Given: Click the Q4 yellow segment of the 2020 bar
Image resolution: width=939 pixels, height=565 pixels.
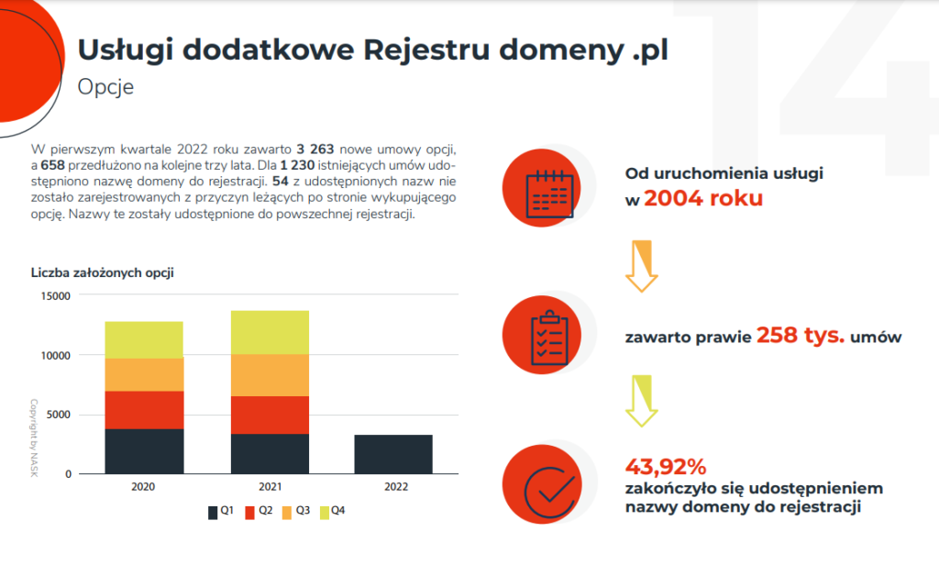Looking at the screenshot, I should pyautogui.click(x=144, y=339).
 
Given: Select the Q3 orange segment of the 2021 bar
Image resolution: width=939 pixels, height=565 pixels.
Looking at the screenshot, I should pyautogui.click(x=269, y=374).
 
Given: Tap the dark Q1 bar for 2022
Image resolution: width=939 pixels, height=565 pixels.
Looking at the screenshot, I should pyautogui.click(x=393, y=454).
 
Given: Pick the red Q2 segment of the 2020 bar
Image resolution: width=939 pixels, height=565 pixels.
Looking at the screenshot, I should pyautogui.click(x=144, y=410).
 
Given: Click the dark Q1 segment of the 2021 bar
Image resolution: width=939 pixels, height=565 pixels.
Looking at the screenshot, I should pyautogui.click(x=269, y=453).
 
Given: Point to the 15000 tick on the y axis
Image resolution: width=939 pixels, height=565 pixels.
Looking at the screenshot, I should pyautogui.click(x=54, y=295).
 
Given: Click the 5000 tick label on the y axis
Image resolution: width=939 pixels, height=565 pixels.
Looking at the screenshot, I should pyautogui.click(x=57, y=415).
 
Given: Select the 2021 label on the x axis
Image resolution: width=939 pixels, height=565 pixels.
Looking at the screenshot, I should pyautogui.click(x=269, y=487).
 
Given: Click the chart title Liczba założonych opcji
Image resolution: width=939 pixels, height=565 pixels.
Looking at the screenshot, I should pyautogui.click(x=102, y=272).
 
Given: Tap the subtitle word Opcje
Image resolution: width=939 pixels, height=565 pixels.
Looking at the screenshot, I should pyautogui.click(x=105, y=88).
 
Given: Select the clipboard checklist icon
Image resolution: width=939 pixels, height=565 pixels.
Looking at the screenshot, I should pyautogui.click(x=549, y=335).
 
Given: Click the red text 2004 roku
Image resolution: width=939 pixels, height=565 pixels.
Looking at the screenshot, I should pyautogui.click(x=703, y=197).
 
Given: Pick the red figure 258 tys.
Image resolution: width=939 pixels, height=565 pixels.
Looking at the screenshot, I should pyautogui.click(x=801, y=336).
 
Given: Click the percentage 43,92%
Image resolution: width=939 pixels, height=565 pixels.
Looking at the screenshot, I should pyautogui.click(x=666, y=465).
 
